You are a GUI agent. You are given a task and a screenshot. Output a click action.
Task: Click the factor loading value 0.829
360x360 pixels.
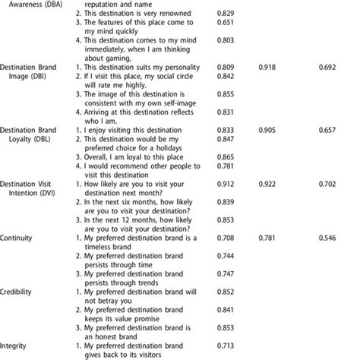point(225,15)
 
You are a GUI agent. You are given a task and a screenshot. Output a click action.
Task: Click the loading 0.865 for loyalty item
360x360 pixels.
point(225,156)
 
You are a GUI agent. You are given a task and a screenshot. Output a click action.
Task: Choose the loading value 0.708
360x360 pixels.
point(225,237)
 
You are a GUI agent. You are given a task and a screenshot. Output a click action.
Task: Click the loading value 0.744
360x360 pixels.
point(225,254)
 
